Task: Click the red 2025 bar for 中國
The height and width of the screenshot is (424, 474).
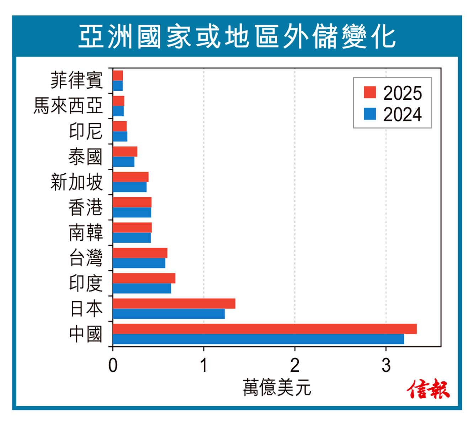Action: tap(265, 329)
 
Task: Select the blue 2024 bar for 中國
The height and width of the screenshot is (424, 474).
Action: tap(258, 339)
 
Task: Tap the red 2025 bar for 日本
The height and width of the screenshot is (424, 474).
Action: tap(174, 304)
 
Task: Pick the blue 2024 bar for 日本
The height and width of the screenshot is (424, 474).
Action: tap(169, 314)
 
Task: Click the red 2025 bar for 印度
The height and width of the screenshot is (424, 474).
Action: tap(144, 278)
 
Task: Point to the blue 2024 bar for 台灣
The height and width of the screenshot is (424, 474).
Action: tap(139, 263)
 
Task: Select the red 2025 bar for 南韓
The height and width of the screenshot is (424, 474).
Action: tap(132, 227)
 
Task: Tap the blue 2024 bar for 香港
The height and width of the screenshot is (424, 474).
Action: tap(132, 213)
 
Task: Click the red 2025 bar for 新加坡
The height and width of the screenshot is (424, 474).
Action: tap(131, 177)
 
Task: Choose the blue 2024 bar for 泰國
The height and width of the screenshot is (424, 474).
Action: tap(123, 162)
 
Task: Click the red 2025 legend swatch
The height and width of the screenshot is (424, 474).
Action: tap(370, 92)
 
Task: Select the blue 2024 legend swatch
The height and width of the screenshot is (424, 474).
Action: tap(370, 114)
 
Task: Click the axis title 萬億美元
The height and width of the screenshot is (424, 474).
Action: tap(277, 387)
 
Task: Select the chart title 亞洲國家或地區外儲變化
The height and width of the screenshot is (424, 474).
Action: tap(237, 37)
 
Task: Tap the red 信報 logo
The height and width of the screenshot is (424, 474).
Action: tap(428, 389)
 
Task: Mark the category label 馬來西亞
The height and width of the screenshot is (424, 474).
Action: tap(68, 106)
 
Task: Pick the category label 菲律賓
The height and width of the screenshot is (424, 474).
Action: tap(76, 80)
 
